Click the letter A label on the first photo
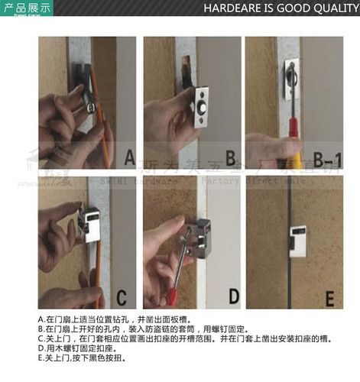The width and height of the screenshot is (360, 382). click(128, 158)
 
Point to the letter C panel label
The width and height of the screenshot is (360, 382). click(122, 297)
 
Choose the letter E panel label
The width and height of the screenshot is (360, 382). click(329, 297)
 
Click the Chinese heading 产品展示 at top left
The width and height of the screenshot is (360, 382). click(27, 8)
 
